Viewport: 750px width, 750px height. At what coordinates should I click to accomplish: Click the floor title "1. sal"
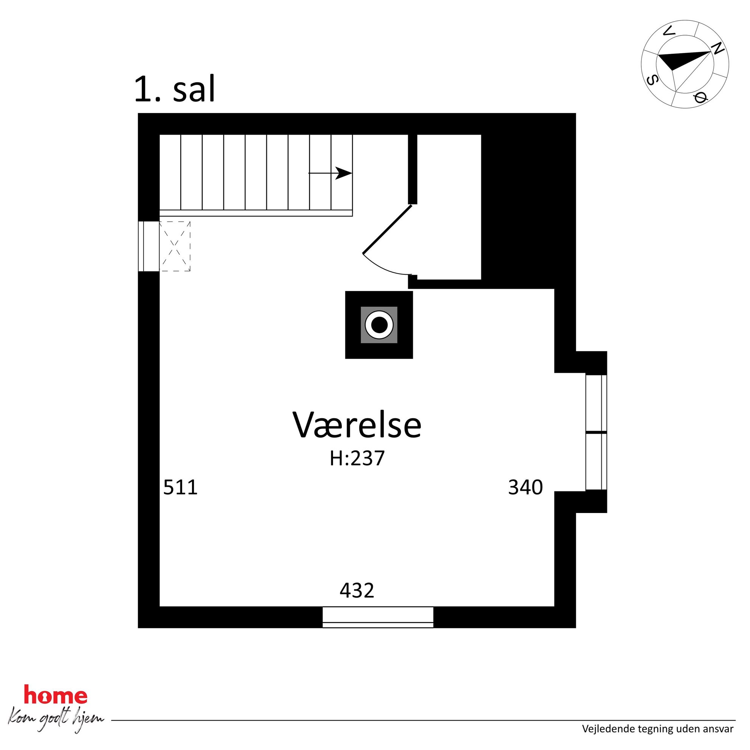pos(174,89)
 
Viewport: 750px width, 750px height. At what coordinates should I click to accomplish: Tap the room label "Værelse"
pos(357,425)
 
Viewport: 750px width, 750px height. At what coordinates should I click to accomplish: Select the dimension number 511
pos(181,487)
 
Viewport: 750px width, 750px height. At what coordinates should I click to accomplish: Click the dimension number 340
pos(525,487)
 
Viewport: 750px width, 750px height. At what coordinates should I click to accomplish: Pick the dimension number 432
pos(357,590)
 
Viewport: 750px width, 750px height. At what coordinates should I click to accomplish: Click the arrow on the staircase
pos(330,173)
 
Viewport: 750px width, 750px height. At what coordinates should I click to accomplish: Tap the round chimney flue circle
pos(379,325)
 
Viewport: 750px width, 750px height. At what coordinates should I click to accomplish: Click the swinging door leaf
pos(387,229)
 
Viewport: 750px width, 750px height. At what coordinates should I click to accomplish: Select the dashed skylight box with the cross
pos(175,246)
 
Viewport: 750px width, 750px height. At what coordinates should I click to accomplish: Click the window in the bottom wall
pos(378,617)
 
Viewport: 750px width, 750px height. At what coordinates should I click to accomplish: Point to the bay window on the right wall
pos(596,432)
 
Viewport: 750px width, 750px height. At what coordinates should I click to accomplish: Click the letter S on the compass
pos(652,80)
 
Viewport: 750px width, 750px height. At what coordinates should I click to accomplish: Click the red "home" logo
pos(56,694)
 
